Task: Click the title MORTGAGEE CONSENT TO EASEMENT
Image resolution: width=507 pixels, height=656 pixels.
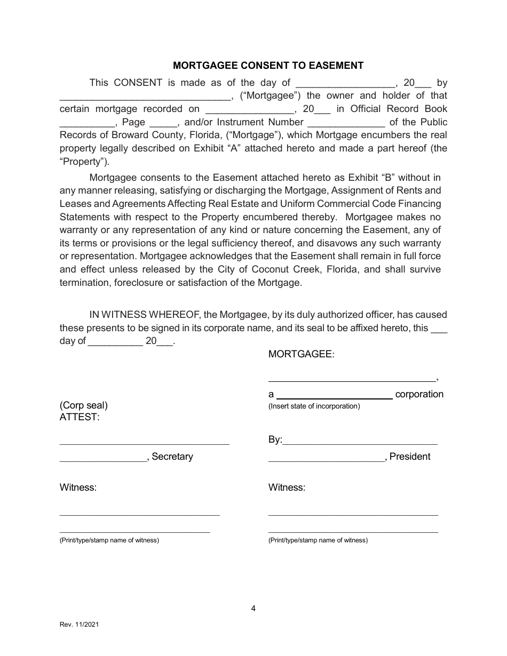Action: coord(268,66)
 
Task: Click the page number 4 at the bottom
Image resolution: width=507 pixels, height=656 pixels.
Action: coord(253,608)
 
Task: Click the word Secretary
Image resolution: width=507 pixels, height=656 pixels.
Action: coord(172,457)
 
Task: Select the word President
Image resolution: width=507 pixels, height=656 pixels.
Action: coord(410,457)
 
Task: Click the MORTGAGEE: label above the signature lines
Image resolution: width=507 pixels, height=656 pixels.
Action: coord(301,354)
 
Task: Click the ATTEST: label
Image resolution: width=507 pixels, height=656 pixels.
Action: coord(80,417)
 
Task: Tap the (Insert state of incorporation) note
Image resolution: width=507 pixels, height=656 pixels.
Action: coord(314,406)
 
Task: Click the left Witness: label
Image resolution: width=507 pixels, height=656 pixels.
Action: coord(78,487)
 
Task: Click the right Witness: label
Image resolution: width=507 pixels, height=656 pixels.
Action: coord(287,487)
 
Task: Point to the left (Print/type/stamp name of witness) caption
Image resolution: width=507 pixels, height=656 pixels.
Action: coord(109,540)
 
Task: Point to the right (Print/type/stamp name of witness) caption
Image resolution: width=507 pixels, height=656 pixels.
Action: coord(318,540)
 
